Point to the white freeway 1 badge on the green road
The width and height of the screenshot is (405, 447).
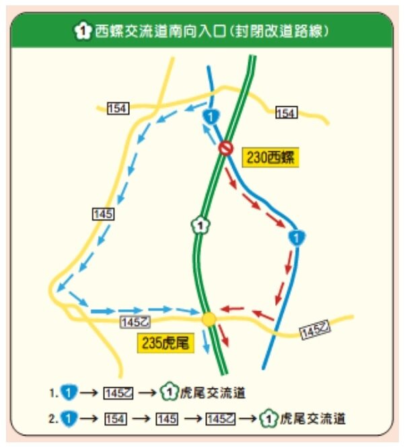point(198,225)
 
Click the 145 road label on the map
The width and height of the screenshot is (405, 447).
point(104,214)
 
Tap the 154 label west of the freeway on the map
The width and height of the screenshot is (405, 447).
point(117,108)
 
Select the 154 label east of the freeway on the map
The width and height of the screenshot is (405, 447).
point(286,114)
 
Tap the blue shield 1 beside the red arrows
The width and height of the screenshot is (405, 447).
point(296,237)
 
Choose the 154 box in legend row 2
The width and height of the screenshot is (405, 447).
point(116,419)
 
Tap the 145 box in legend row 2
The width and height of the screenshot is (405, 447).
point(166,419)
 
